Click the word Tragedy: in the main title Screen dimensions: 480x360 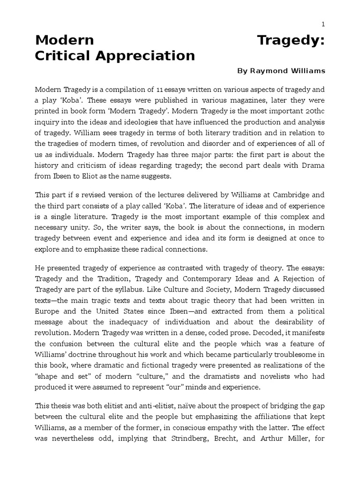[291, 41]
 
